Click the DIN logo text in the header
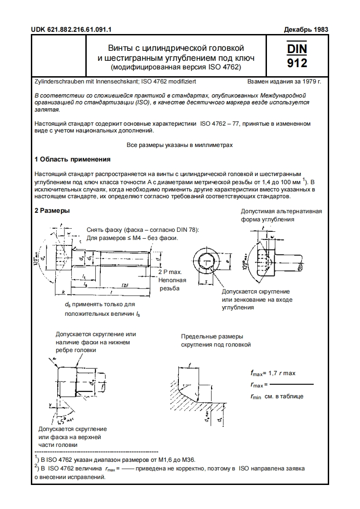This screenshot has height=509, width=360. click(297, 48)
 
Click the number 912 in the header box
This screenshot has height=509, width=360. click(297, 62)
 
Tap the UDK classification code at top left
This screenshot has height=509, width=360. click(71, 30)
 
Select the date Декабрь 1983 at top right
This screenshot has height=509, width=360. click(306, 30)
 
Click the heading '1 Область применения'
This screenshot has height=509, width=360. click(73, 159)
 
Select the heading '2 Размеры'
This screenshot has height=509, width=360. click(52, 211)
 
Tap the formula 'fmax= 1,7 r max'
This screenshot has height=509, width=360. click(272, 373)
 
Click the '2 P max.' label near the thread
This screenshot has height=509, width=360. click(170, 272)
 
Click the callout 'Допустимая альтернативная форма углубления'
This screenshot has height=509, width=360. click(281, 215)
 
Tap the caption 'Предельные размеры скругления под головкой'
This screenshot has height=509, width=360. click(216, 340)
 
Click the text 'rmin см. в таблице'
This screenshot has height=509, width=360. click(276, 396)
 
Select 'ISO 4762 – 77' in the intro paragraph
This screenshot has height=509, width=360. click(220, 123)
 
